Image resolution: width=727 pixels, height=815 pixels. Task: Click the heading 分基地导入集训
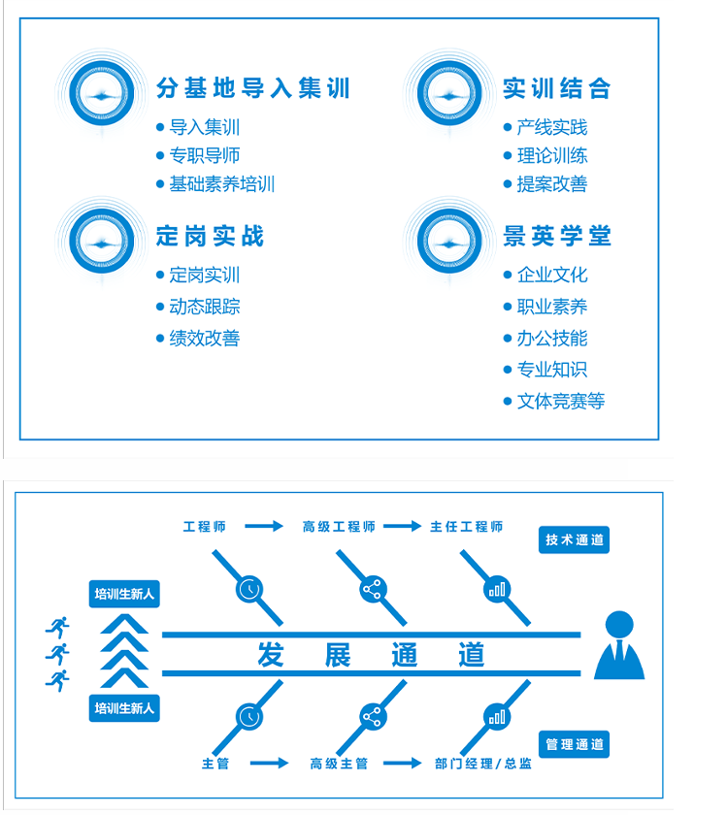tap(252, 89)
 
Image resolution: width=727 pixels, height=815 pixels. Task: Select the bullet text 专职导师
tap(204, 155)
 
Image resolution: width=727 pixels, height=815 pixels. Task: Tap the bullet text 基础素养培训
tap(221, 183)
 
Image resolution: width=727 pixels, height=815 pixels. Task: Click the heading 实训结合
tap(556, 89)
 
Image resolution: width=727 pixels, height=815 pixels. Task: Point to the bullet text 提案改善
tap(551, 183)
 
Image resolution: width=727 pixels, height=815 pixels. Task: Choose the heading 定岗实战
tap(210, 236)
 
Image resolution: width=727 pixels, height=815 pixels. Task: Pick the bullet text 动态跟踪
tap(204, 307)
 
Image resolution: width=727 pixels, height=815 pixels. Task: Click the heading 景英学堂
tap(556, 236)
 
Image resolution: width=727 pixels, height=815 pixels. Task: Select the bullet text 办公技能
tap(551, 338)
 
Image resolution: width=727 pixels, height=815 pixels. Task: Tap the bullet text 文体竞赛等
tap(560, 401)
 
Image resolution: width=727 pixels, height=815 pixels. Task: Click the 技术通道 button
tap(574, 540)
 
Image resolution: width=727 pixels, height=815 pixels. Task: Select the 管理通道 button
tap(574, 744)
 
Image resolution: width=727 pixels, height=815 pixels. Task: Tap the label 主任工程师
tap(467, 527)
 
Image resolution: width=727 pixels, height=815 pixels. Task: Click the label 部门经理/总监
tap(483, 764)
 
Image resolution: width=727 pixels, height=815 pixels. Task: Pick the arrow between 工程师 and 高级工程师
tap(263, 527)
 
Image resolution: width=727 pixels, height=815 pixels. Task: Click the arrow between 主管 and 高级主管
tap(269, 764)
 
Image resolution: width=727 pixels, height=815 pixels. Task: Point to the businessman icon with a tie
tap(618, 645)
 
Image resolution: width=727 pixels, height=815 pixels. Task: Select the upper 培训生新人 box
tap(124, 594)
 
